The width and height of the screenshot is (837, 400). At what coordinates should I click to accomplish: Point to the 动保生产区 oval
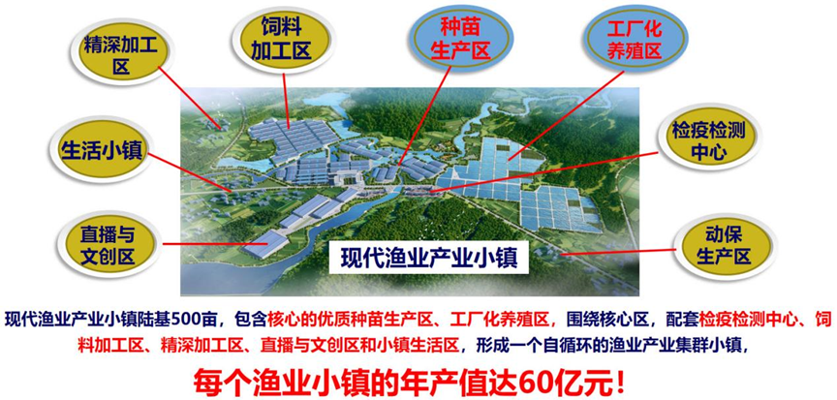(724, 246)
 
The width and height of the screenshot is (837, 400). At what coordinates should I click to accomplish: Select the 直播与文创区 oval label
(107, 246)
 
